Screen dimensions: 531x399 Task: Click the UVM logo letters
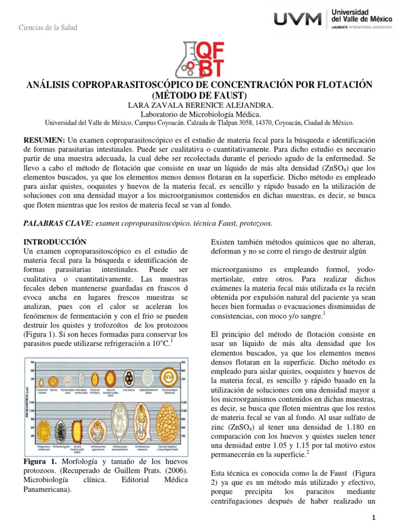coord(297,19)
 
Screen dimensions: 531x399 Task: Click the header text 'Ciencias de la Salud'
coord(47,27)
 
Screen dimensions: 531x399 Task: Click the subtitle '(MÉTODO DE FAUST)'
coord(199,95)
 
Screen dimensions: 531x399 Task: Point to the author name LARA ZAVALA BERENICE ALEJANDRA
coord(199,105)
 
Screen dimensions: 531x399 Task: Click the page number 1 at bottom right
coord(373,519)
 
